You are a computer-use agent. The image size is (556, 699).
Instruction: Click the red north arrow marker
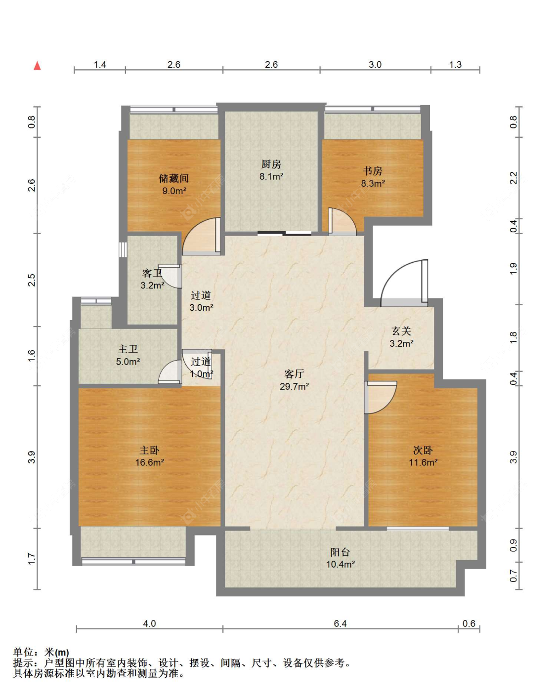point(38,66)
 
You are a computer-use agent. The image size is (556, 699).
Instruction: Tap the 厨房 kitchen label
point(271,164)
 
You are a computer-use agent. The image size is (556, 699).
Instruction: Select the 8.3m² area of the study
point(373,183)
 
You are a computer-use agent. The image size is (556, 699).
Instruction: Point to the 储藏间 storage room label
point(174,178)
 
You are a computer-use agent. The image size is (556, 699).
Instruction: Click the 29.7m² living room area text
point(294,386)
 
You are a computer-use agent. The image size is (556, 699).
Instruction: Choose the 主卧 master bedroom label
point(149,450)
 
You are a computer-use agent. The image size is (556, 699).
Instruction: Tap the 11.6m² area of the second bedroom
point(423,462)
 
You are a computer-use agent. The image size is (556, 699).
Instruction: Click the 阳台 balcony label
point(340,552)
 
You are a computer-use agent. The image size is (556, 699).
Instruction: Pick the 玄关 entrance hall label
point(401,331)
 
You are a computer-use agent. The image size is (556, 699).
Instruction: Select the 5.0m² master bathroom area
point(128,362)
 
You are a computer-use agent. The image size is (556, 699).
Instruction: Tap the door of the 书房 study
point(342,221)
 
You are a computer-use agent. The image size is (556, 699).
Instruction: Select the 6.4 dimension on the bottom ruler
point(340,623)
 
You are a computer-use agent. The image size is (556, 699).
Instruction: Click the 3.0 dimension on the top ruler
point(375,65)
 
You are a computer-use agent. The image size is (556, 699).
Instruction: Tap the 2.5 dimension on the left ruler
point(32,280)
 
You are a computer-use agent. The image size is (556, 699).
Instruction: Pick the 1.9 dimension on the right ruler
point(513,269)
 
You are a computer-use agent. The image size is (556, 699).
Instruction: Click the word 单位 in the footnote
point(23,652)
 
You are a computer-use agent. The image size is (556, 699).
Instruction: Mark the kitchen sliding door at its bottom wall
point(285,233)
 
